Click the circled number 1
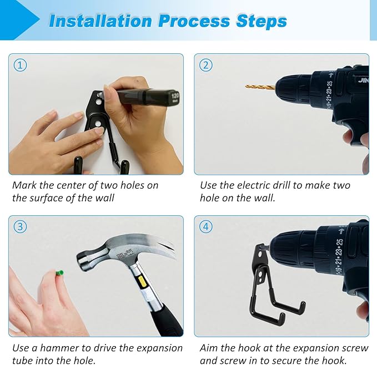(x=20, y=65)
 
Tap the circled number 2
(x=206, y=65)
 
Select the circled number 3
(x=20, y=227)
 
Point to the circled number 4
(x=206, y=227)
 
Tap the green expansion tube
(x=59, y=273)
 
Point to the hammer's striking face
(x=80, y=261)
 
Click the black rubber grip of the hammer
(x=165, y=320)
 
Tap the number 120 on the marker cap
(x=175, y=97)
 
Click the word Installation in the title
(x=100, y=21)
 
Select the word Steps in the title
(x=262, y=21)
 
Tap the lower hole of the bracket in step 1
(x=98, y=124)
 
